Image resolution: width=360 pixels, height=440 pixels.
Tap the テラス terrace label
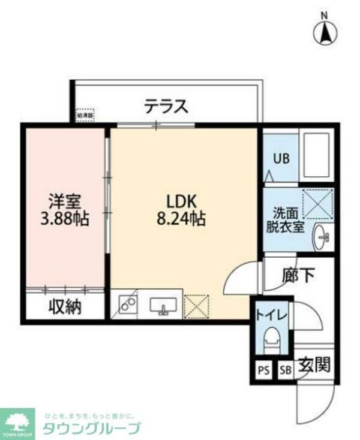point(166,107)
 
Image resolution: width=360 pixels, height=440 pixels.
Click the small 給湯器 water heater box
point(84,114)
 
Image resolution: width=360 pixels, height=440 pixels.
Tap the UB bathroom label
point(281,159)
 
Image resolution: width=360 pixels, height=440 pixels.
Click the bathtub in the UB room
point(316,154)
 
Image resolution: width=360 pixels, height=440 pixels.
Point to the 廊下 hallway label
point(298,276)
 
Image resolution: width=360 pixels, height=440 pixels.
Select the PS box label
point(263,369)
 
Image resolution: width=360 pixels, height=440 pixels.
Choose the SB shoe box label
point(285,369)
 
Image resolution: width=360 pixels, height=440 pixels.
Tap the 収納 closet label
point(64,307)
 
